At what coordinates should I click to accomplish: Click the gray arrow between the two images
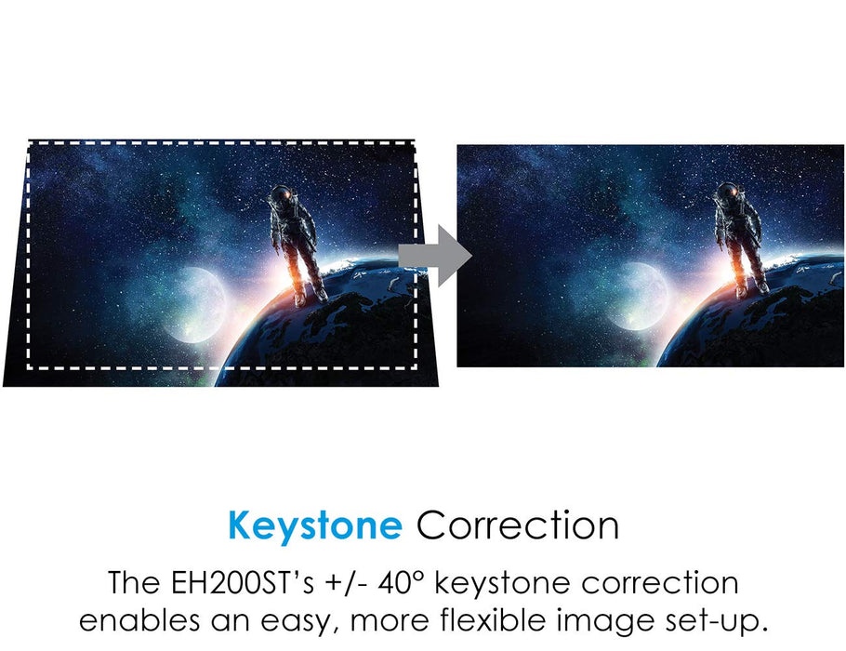tap(436, 256)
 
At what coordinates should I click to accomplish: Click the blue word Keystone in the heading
tap(315, 525)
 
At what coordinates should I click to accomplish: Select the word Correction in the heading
tap(518, 525)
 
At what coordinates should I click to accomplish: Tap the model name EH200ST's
tap(242, 583)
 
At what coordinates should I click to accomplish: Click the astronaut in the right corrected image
tap(740, 238)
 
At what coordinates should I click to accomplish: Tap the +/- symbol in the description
tap(347, 583)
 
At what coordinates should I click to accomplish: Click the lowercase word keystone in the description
tap(502, 583)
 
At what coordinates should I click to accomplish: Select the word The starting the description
tap(134, 583)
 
